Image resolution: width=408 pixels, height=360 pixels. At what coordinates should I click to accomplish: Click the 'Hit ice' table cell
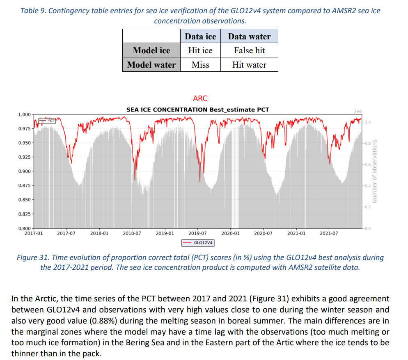tap(200, 50)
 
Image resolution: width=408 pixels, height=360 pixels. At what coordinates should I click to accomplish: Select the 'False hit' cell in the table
tap(249, 50)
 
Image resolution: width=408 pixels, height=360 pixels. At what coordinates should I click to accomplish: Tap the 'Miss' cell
tap(200, 65)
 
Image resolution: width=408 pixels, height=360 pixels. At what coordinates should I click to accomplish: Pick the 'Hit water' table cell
tap(249, 65)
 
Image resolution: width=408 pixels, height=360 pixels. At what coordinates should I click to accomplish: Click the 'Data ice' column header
tap(200, 36)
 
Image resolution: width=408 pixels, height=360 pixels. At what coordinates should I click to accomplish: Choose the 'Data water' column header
tap(249, 36)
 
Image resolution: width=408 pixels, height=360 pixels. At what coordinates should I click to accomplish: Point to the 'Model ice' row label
tap(151, 50)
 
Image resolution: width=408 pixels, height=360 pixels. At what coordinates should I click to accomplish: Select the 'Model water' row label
tap(151, 65)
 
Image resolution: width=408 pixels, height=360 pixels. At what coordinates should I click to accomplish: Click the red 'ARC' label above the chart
tap(200, 98)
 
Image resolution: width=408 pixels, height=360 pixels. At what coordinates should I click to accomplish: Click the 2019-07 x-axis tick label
tap(197, 233)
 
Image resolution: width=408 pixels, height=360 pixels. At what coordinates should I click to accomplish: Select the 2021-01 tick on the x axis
tap(296, 233)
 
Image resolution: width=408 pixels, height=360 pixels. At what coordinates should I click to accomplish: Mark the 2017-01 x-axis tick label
tap(33, 233)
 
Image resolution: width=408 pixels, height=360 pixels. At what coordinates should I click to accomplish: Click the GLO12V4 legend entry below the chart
tap(198, 243)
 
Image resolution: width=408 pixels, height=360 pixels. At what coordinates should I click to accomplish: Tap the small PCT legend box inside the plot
tap(46, 121)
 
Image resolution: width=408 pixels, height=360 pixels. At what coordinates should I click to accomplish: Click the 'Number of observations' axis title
tap(374, 171)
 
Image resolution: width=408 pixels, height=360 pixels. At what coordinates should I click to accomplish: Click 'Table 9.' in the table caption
tap(34, 11)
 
